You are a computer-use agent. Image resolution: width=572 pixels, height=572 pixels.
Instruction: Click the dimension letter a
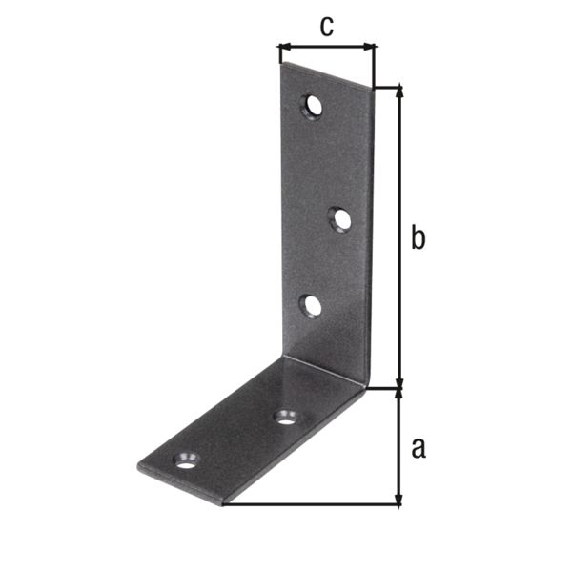[417, 446]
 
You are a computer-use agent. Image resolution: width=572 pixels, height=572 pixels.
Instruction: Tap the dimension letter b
[417, 238]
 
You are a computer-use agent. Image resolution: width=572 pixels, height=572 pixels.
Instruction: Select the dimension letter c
[326, 26]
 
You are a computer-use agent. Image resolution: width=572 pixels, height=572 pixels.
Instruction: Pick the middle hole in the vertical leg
[340, 220]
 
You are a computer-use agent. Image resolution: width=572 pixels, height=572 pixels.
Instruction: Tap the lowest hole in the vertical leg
[311, 305]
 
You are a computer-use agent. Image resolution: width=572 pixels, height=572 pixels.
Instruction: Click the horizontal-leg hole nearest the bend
[285, 416]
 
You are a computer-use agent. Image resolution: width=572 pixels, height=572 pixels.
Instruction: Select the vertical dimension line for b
[399, 238]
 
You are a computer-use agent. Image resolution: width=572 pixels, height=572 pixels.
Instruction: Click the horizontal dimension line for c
[327, 45]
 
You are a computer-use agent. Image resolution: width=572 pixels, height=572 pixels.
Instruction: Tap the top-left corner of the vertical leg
[280, 65]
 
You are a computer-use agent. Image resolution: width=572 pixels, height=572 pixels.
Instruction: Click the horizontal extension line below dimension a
[315, 505]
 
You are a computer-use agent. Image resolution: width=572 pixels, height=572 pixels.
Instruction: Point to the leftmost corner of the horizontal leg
[138, 467]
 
